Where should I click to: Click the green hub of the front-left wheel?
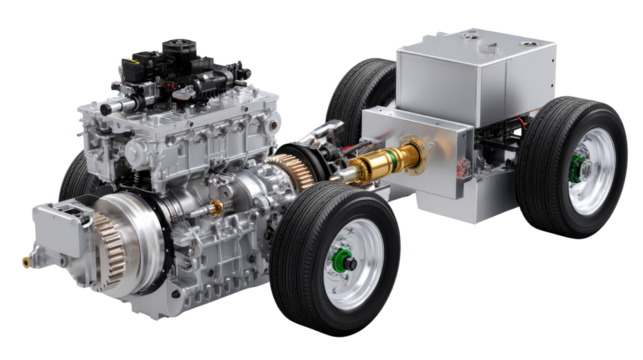click(342, 265)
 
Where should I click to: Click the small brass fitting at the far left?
click(25, 262)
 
